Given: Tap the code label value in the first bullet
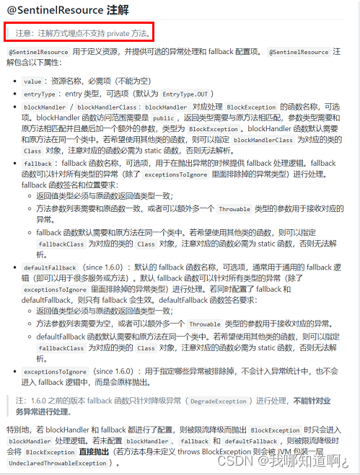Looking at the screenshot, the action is click(33, 81).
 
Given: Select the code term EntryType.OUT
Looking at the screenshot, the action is click(185, 94).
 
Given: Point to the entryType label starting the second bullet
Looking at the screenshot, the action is click(41, 94).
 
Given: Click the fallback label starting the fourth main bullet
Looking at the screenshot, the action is click(38, 164).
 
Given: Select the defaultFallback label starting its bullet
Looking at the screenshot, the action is click(50, 267).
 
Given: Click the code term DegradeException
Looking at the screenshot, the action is click(219, 401).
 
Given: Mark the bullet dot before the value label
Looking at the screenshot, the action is click(17, 81).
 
